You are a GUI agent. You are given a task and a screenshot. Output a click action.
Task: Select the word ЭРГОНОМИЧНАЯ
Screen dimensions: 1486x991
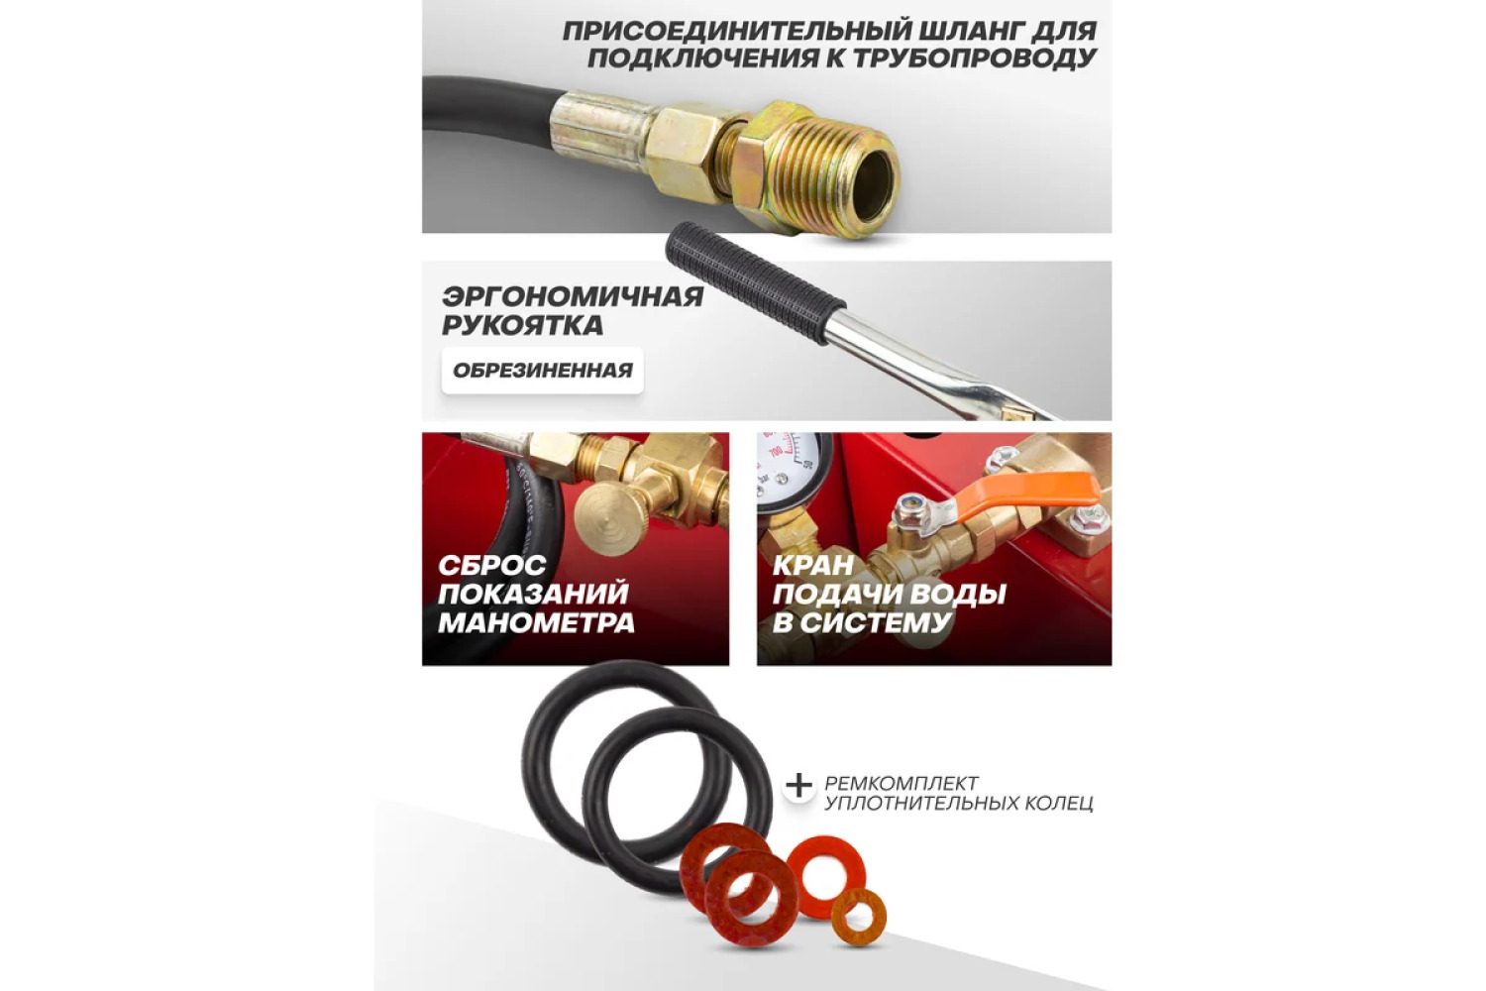573,296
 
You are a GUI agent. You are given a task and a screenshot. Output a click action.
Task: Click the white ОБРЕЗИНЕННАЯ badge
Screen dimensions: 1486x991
543,371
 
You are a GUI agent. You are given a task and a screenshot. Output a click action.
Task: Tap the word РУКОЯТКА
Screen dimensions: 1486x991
523,325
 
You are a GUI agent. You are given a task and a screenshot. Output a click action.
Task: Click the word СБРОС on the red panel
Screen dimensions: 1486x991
492,565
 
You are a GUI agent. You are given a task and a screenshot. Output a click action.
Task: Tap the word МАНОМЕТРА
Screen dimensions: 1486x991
536,622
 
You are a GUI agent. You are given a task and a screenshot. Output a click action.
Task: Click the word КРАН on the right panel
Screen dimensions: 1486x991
813,565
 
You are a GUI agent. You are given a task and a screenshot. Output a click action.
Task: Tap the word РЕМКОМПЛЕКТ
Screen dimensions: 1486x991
902,783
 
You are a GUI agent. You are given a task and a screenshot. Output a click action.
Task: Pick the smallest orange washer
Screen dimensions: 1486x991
859,918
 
